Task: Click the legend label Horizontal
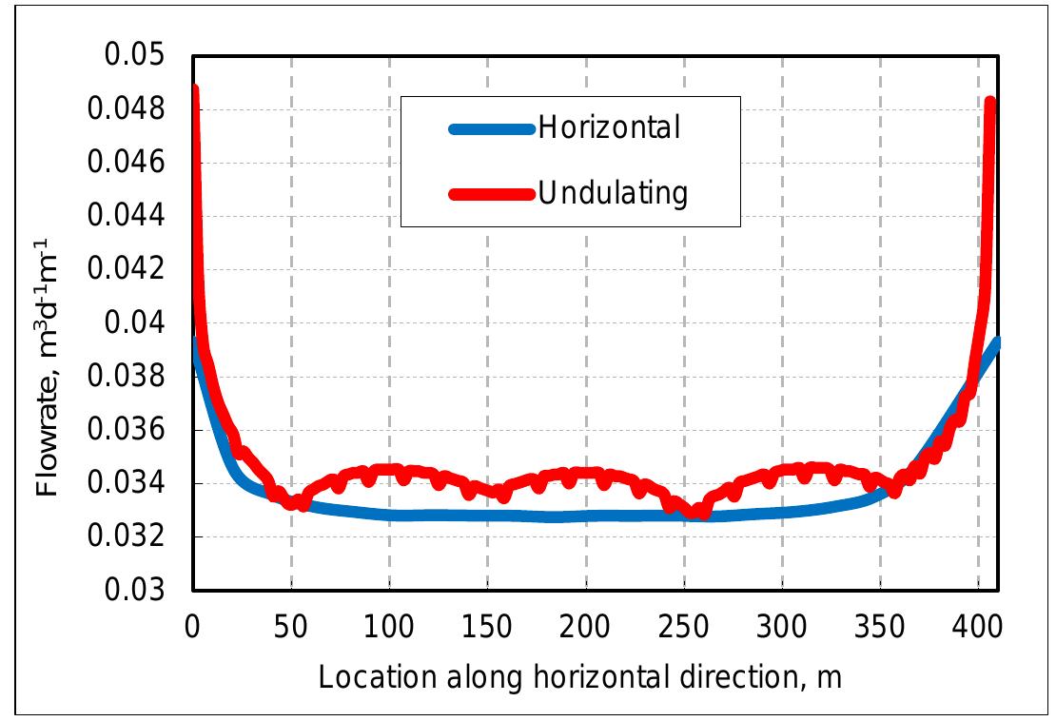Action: point(610,127)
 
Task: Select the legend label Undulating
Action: point(613,193)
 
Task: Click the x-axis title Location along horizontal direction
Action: point(579,678)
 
